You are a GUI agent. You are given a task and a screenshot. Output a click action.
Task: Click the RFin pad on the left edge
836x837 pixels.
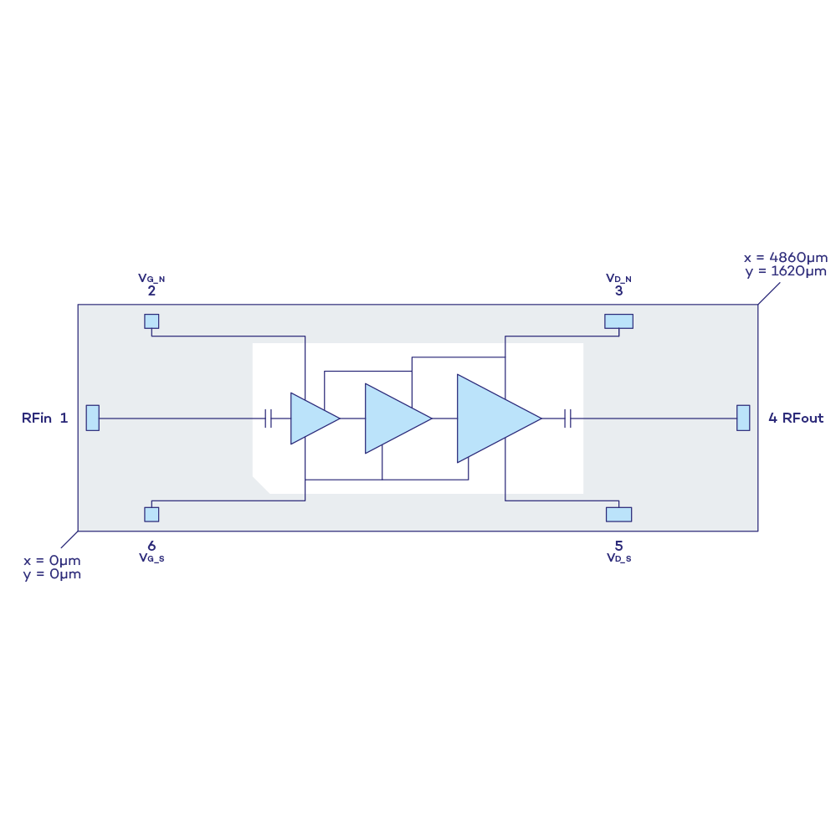pos(92,418)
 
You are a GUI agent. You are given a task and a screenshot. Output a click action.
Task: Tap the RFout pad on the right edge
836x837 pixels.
pos(743,418)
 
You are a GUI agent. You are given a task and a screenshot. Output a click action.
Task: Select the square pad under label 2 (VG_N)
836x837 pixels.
pos(151,321)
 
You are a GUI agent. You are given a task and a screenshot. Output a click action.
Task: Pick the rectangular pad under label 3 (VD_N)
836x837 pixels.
pos(618,321)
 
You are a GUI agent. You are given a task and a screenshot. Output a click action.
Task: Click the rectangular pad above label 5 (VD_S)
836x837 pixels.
pos(618,514)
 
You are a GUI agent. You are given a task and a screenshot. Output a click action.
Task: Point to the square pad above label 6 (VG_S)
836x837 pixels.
pos(151,514)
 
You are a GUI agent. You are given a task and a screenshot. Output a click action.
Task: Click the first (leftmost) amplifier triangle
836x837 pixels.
pos(312,418)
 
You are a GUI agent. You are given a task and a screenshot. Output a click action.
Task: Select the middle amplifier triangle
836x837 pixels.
pos(393,418)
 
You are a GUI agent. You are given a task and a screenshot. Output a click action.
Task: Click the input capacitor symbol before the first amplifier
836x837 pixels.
pos(268,418)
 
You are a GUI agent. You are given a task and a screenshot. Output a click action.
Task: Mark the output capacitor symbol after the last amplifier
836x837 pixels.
pos(567,418)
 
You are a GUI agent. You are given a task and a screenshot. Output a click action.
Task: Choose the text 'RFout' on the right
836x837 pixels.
pos(803,418)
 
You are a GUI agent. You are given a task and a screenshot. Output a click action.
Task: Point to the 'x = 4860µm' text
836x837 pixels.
pos(785,258)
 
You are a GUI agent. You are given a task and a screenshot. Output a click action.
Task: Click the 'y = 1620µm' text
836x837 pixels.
pos(785,271)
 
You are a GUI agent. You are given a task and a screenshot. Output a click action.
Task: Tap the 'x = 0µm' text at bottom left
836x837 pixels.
pos(52,561)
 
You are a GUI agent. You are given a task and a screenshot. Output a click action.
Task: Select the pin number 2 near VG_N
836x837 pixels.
pos(151,291)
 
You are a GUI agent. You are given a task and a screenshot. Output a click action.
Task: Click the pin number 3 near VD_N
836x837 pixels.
pos(618,291)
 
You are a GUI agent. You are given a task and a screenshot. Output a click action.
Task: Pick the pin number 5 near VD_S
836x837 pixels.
pos(618,546)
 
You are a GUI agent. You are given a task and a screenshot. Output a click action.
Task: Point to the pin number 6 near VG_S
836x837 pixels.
pos(151,546)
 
